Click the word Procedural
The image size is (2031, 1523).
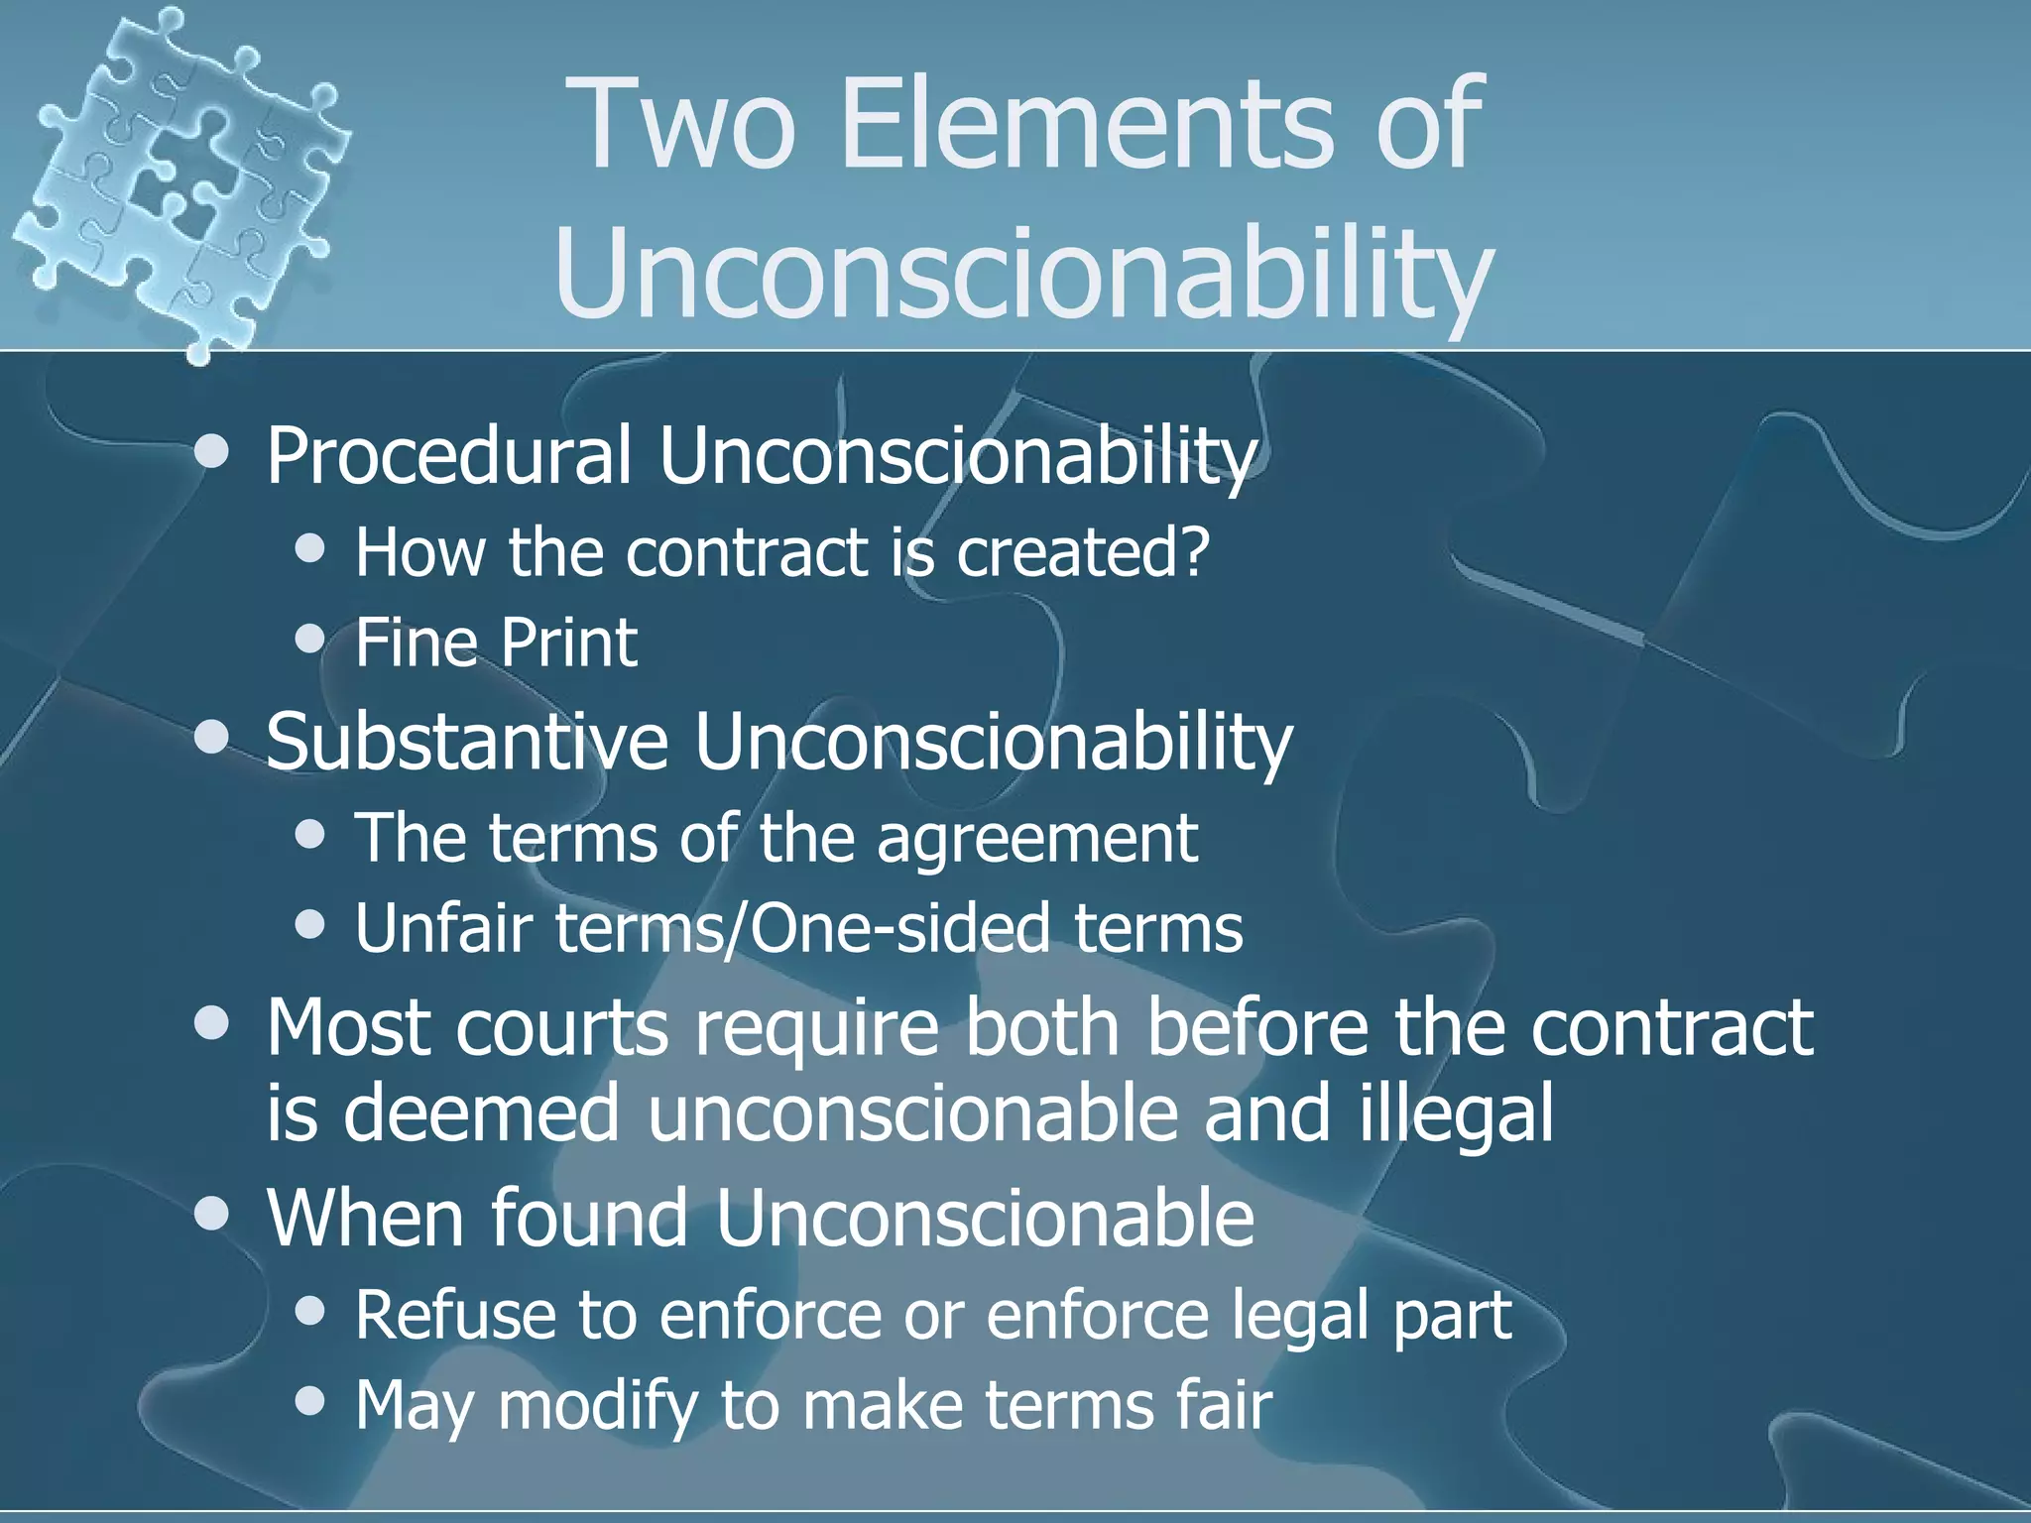[x=448, y=455]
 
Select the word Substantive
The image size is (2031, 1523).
[x=467, y=741]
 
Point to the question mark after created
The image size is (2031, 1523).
[x=1193, y=551]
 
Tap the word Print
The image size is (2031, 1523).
[x=568, y=643]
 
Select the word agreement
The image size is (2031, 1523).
[x=1037, y=839]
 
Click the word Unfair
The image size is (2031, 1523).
[x=443, y=928]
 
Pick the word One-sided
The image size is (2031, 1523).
[x=898, y=928]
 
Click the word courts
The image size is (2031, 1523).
[x=562, y=1027]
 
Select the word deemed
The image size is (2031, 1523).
[x=482, y=1113]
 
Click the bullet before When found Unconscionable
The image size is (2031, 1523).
[x=211, y=1214]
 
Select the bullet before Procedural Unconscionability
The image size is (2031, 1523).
[x=211, y=453]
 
